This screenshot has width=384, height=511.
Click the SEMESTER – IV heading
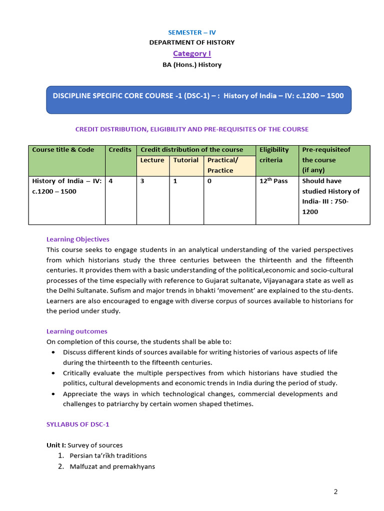192,32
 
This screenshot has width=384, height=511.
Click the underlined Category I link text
192,53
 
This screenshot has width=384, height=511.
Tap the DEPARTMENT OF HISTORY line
192,42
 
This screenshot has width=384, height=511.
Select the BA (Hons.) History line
192,64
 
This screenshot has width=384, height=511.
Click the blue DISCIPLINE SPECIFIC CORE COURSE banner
198,96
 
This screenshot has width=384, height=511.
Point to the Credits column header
120,150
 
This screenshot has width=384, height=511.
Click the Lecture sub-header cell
152,160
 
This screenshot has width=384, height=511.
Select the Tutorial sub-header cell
186,160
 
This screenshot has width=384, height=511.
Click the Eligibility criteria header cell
274,155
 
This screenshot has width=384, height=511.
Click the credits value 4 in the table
110,181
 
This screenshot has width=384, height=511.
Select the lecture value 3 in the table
142,181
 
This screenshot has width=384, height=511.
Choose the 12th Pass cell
273,181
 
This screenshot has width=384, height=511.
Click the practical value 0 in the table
209,181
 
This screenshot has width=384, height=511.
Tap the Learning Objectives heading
77,239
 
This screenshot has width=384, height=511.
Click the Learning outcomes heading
76,331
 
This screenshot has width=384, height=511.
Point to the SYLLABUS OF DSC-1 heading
77,424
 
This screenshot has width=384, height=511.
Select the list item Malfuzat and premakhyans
112,467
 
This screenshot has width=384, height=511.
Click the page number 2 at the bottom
336,492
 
